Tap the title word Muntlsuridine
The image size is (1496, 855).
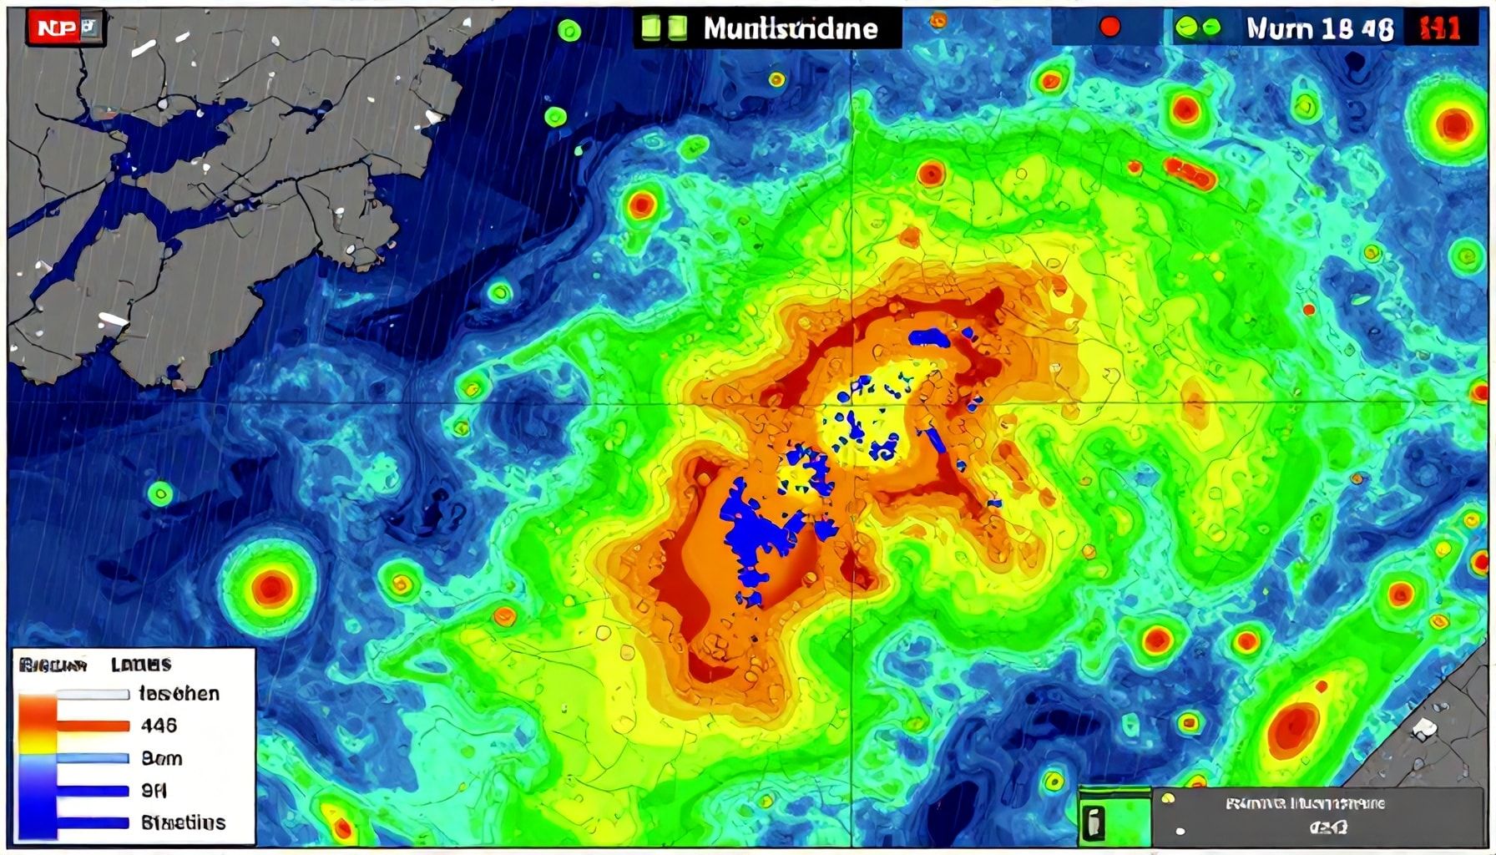[790, 29]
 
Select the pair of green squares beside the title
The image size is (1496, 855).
[664, 28]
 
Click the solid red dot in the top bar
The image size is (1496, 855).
[1109, 28]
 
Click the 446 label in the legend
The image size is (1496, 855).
[159, 726]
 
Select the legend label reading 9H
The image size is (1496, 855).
[154, 790]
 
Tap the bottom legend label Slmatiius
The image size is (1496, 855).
[183, 822]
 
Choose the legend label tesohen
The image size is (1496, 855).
[179, 694]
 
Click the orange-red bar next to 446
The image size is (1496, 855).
[93, 726]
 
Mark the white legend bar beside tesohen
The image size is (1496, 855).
[93, 694]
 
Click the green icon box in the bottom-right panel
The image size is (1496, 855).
[1092, 822]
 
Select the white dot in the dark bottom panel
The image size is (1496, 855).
[1180, 832]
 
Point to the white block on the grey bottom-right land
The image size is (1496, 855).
[1424, 729]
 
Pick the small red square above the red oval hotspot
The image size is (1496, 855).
[1322, 687]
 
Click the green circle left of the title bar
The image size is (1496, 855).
[569, 32]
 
